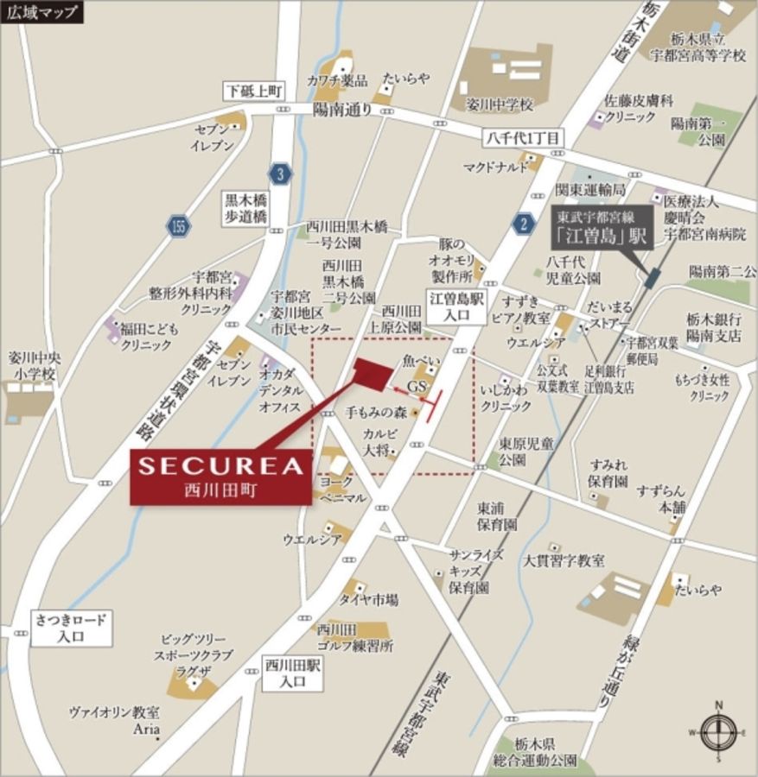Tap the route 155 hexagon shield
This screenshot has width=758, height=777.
pos(178,226)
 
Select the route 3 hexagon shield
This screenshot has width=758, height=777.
pos(279,174)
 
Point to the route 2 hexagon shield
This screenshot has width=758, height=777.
pos(522,224)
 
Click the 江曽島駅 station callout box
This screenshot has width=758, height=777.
pos(602,227)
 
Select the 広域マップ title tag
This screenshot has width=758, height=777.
pos(42,12)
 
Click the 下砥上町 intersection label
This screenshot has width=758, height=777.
pos(253,91)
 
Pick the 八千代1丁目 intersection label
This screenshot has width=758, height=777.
pos(522,136)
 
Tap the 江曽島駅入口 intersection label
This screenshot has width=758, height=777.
pos(456,305)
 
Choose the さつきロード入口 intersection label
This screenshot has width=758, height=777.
pos(72,628)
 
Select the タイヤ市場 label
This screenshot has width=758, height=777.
pos(369,599)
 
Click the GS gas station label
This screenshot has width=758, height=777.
pos(417,384)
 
